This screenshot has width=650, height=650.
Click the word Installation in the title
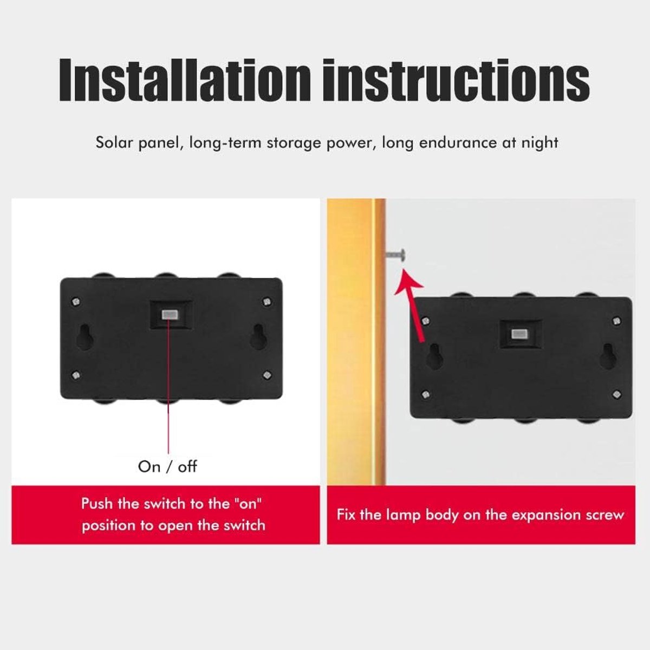pos(185,80)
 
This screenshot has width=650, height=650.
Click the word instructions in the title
pos(456,80)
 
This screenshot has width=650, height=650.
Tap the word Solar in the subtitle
pos(114,142)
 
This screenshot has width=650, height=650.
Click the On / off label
pos(167,466)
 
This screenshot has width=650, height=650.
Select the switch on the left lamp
pos(171,315)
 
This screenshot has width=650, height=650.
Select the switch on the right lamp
pos(521,334)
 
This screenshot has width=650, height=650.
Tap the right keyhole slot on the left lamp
pos(258,336)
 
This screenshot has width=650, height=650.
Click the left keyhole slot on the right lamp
pos(434,356)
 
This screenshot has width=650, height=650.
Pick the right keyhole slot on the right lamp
pos(608,356)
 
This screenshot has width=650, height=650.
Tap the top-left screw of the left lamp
pos(76,301)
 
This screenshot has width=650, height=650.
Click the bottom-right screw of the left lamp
pos(267,374)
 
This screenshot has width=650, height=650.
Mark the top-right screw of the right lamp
pos(616,321)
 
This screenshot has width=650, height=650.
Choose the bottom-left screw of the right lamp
pos(426,394)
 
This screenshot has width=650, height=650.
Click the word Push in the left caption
pos(97,504)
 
